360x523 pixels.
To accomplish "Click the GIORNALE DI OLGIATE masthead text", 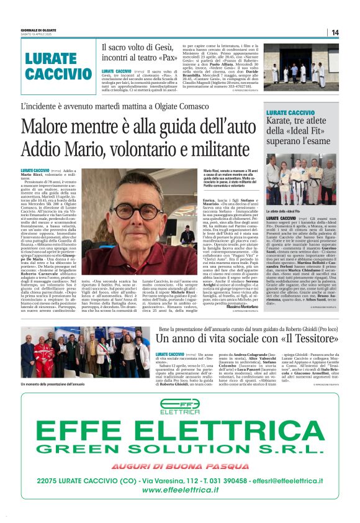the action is [38, 29].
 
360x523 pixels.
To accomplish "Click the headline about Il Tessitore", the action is [246, 338].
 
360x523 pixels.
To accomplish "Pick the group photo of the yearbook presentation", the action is [85, 352].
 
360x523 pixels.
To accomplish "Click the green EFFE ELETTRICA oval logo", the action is [179, 405].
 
